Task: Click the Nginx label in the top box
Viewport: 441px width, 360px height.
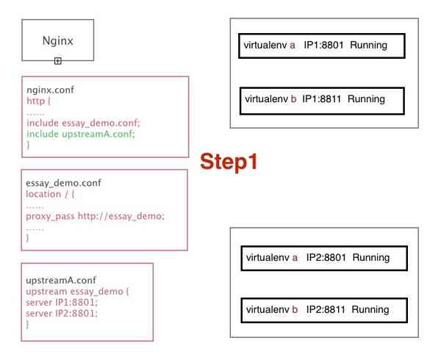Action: pyautogui.click(x=57, y=40)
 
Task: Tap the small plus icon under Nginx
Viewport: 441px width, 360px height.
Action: pyautogui.click(x=57, y=61)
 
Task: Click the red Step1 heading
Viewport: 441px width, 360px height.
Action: pyautogui.click(x=229, y=162)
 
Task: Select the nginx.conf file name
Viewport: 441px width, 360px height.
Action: pyautogui.click(x=50, y=90)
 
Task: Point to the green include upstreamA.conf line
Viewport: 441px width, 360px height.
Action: pyautogui.click(x=81, y=134)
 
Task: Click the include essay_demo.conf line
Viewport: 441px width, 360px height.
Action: pyautogui.click(x=83, y=123)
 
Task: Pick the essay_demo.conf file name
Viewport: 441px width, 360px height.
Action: pyautogui.click(x=63, y=183)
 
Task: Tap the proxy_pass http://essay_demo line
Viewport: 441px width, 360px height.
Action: pyautogui.click(x=95, y=216)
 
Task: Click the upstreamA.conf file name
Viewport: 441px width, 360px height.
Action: pyautogui.click(x=61, y=280)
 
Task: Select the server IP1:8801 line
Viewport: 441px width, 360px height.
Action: pyautogui.click(x=62, y=303)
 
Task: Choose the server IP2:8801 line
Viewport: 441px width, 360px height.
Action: pyautogui.click(x=62, y=314)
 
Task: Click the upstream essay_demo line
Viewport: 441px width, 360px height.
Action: pyautogui.click(x=77, y=292)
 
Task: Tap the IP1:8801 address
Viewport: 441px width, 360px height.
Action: pyautogui.click(x=323, y=45)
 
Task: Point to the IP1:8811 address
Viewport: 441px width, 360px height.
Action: pyautogui.click(x=321, y=99)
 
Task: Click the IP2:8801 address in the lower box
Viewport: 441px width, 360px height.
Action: pyautogui.click(x=326, y=257)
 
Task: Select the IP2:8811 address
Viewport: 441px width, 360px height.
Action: pyautogui.click(x=326, y=309)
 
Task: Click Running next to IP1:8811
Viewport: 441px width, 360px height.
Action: pyautogui.click(x=366, y=99)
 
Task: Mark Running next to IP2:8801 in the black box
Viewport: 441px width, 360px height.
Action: pyautogui.click(x=371, y=258)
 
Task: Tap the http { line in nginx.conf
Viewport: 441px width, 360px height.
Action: pyautogui.click(x=38, y=101)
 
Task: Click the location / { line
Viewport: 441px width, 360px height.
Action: pyautogui.click(x=50, y=194)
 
